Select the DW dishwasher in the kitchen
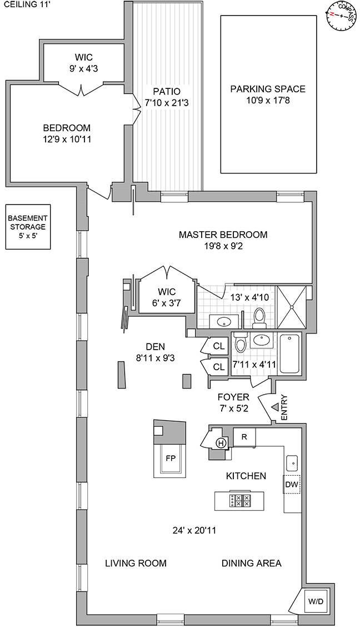coord(292,485)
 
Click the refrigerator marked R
coord(244,437)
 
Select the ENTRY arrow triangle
coord(274,407)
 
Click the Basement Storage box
coord(27,227)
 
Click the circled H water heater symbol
coord(221,442)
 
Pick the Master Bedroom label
coord(223,235)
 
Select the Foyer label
coord(233,397)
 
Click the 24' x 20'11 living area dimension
coord(194,530)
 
